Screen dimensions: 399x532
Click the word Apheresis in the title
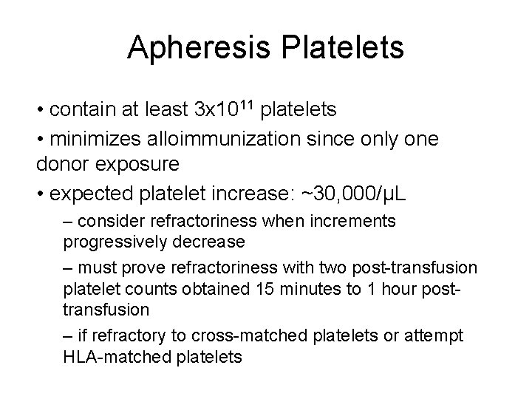click(x=202, y=47)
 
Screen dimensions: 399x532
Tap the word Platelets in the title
click(x=343, y=47)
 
